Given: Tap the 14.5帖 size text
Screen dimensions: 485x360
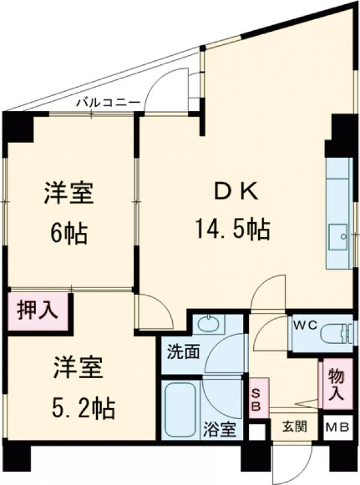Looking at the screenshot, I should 231,228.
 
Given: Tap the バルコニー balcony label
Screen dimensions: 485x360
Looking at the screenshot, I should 107,103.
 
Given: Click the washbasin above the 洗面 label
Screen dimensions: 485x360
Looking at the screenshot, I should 208,325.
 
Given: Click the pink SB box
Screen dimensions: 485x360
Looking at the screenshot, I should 256,397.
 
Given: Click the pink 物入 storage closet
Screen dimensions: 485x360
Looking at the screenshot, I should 336,385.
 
